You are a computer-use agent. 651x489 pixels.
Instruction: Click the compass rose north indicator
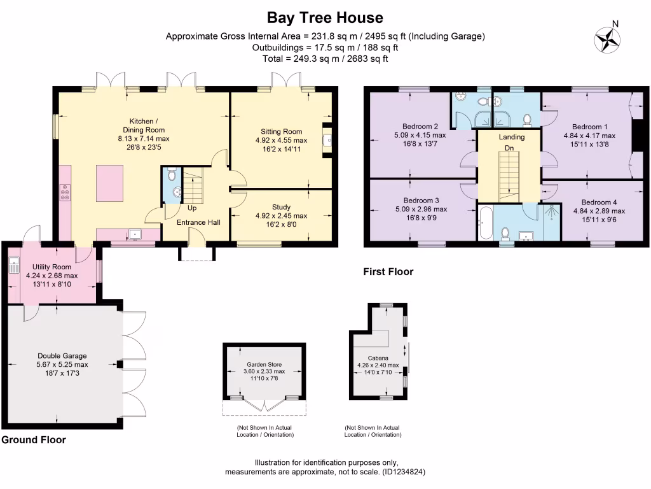click(x=607, y=39)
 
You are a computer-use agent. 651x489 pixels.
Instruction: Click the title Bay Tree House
click(x=325, y=17)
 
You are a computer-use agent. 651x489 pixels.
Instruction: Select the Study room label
click(x=281, y=207)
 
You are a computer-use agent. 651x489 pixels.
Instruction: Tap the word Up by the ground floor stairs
click(x=191, y=208)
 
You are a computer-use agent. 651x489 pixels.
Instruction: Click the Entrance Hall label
click(x=198, y=222)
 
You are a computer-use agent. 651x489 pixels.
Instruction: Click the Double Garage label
click(x=62, y=356)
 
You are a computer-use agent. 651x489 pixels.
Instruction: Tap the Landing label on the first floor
click(x=512, y=137)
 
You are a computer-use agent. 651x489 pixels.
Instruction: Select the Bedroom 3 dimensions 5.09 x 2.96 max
click(x=420, y=209)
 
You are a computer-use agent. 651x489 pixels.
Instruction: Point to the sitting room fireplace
click(x=327, y=139)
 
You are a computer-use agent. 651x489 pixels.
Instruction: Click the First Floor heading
click(x=388, y=272)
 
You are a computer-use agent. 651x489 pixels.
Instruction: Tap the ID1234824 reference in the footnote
click(x=402, y=472)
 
